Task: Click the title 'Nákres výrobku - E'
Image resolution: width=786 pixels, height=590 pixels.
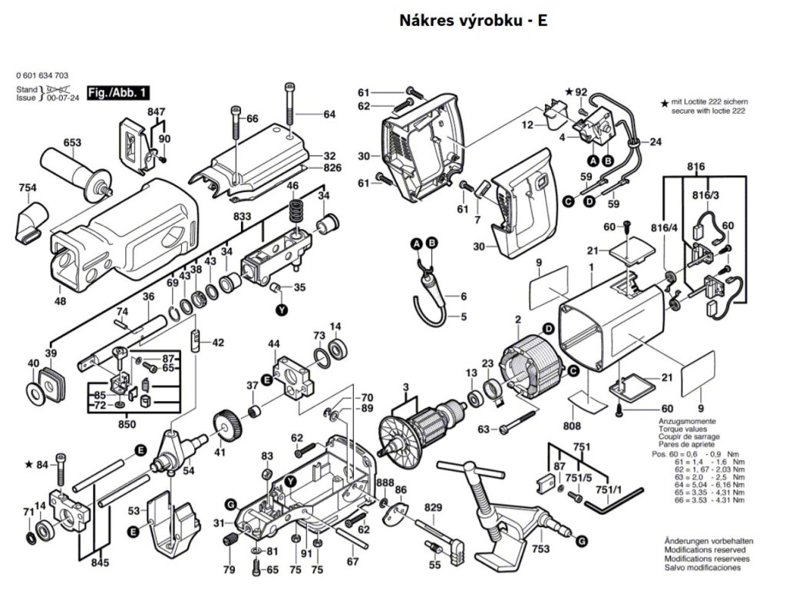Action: pos(473,21)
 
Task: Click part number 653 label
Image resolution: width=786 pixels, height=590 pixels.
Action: pos(72,143)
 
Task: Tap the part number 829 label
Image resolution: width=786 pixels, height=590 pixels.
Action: pos(434,508)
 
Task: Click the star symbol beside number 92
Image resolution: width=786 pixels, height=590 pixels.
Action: pos(569,92)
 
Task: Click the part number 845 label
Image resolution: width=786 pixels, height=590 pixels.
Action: pos(99,563)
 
